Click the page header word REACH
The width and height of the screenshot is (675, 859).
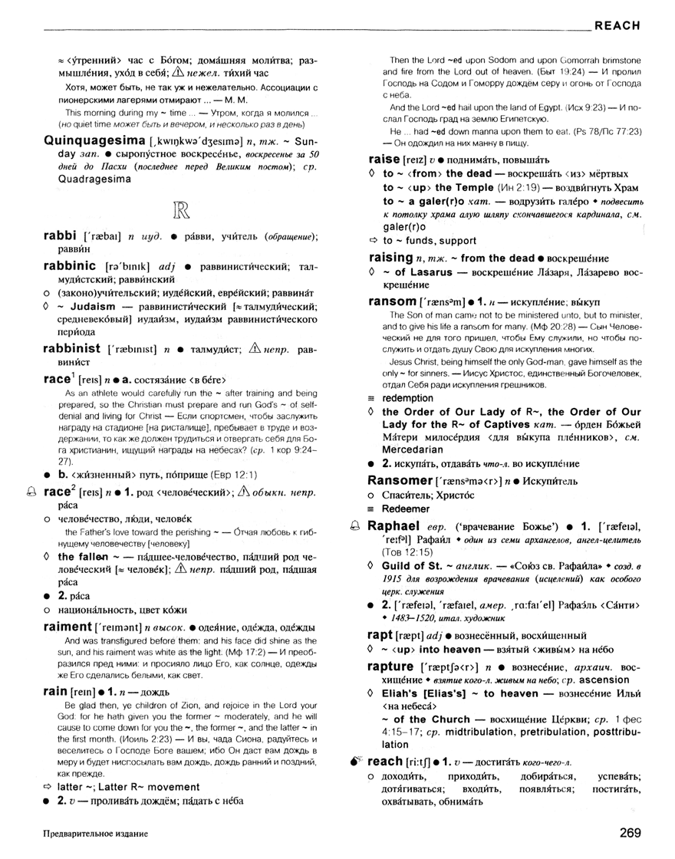tap(617, 25)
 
